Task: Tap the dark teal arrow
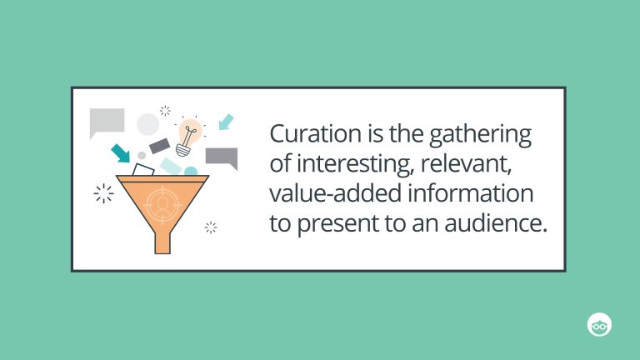(x=121, y=152)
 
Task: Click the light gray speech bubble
(x=107, y=122)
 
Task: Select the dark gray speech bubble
(x=222, y=157)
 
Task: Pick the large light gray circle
(x=147, y=125)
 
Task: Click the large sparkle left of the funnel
(x=103, y=194)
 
